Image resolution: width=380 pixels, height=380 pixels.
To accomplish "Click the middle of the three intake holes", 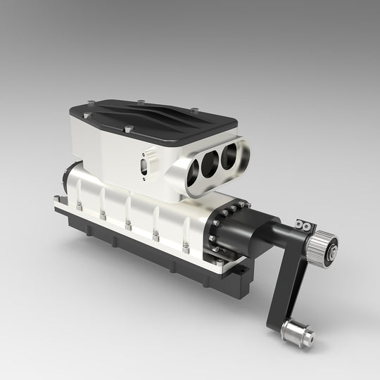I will coord(210,163).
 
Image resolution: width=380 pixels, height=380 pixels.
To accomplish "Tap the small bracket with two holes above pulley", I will coord(305,225).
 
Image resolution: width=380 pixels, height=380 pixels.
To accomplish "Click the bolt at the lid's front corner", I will coord(129,129).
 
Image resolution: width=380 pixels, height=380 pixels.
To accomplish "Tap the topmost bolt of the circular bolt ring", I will coord(241,205).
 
